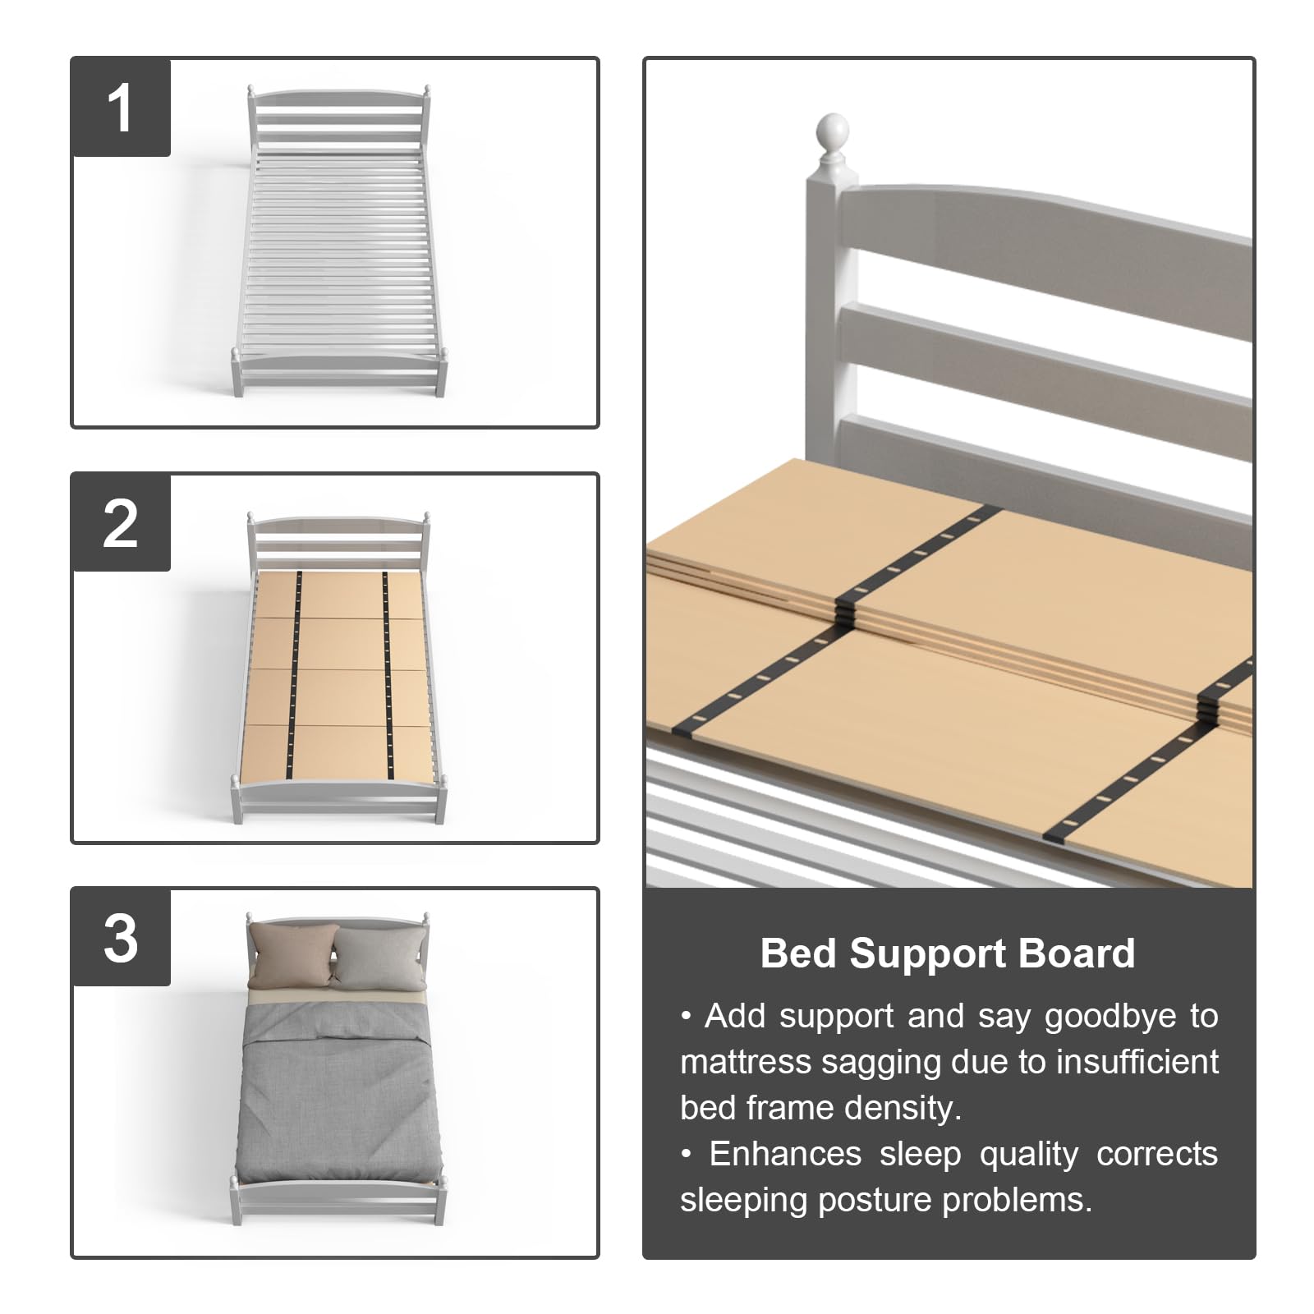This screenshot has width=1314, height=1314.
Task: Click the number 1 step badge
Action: (121, 108)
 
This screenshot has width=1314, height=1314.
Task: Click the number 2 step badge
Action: (121, 523)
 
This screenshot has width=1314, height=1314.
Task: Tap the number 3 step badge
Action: (121, 938)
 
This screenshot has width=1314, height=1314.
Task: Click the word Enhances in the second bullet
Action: (785, 1154)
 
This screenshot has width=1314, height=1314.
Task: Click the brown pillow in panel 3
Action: (292, 956)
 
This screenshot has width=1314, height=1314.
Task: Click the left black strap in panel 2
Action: (296, 673)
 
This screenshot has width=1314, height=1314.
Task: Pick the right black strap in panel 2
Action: (387, 673)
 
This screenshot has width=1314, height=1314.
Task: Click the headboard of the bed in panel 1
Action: (338, 115)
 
